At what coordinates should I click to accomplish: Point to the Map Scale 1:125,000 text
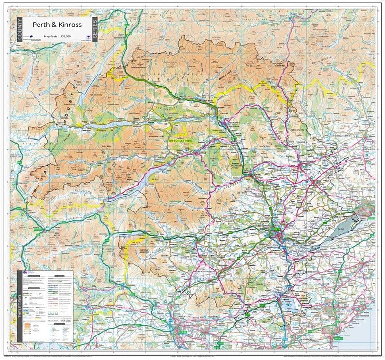[57, 37]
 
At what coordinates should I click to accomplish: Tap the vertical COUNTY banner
[20, 30]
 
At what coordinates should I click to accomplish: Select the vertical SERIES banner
[95, 30]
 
